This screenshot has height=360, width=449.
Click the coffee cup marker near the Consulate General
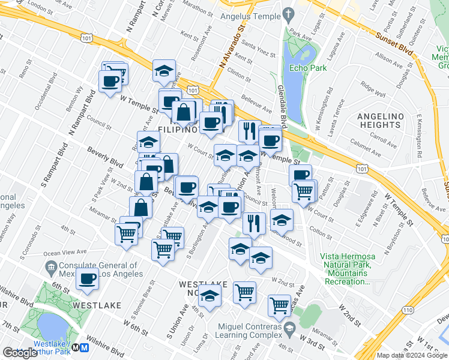88,279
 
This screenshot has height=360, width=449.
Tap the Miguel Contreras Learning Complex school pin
289,328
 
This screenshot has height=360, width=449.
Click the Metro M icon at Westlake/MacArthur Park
85,347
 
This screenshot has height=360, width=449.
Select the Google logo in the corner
20,353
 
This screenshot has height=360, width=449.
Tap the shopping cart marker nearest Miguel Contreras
279,305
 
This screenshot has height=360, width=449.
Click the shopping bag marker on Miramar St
140,208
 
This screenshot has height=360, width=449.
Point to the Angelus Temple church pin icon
289,13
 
